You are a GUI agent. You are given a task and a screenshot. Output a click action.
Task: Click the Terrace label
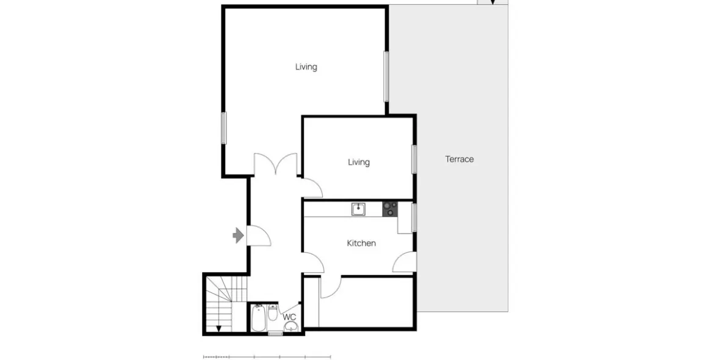pos(460,159)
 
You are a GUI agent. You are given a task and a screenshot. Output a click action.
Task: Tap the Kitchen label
pos(361,243)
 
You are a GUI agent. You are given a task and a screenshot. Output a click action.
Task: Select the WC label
pos(290,317)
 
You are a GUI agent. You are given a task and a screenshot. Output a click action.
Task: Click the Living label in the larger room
pos(306,67)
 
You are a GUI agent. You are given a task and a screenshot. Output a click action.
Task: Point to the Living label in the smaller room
pos(359,162)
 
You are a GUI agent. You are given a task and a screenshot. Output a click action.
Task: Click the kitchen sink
pos(359,209)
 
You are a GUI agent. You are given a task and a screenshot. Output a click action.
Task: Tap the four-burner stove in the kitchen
pos(389,209)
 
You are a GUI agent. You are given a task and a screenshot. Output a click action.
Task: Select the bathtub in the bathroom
pos(259,319)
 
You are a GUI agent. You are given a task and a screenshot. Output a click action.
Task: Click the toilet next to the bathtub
pos(273,312)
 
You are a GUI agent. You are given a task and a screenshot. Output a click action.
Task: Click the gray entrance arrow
pos(238,236)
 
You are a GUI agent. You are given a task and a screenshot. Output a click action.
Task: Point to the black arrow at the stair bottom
pos(218,328)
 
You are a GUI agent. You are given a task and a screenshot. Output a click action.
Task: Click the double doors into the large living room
pos(275,164)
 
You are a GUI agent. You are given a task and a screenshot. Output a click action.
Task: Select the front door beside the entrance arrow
pos(259,236)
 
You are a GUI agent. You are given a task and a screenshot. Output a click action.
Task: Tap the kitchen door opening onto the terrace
pos(405,262)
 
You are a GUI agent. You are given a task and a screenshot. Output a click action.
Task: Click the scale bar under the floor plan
pos(267,358)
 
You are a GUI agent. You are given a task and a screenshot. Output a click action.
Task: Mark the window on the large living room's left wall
pos(223,128)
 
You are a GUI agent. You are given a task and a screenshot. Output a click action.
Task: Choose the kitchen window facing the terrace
pos(414,218)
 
